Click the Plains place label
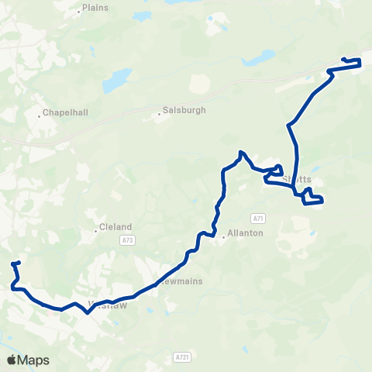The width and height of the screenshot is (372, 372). click(x=97, y=8)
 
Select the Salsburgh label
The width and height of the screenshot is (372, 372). click(x=184, y=111)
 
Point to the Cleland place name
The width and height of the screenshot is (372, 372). click(x=117, y=227)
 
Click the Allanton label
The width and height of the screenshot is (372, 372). click(x=246, y=233)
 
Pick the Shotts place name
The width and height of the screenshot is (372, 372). click(x=297, y=179)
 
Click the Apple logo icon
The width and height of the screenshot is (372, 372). click(x=12, y=360)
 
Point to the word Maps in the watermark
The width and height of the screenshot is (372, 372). click(x=34, y=360)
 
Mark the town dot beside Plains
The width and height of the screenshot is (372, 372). click(x=80, y=12)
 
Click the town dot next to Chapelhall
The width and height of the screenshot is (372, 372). click(x=40, y=117)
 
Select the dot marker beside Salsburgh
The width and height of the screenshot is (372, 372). click(x=160, y=115)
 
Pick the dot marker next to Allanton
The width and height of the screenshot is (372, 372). click(x=223, y=237)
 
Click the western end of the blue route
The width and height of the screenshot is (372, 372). click(x=13, y=263)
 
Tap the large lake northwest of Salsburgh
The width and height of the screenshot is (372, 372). click(x=116, y=80)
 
